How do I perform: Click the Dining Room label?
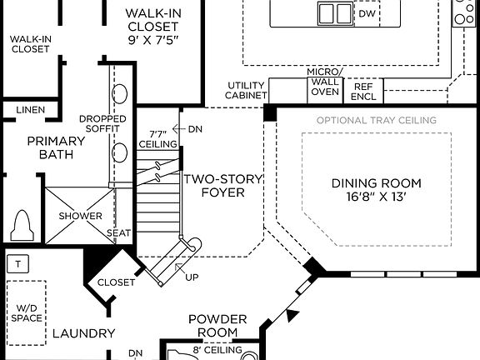click(376, 183)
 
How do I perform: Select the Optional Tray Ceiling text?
click(376, 120)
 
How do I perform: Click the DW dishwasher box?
click(367, 14)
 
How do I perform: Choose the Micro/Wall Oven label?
click(323, 82)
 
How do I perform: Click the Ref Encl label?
click(363, 90)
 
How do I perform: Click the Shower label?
click(80, 217)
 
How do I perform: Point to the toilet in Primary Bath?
click(22, 224)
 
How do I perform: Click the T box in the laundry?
click(17, 264)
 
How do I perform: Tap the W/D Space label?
click(27, 313)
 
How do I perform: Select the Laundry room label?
click(83, 334)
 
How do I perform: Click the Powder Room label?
click(217, 326)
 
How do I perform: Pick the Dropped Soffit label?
click(102, 124)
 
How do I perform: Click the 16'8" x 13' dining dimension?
click(376, 198)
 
